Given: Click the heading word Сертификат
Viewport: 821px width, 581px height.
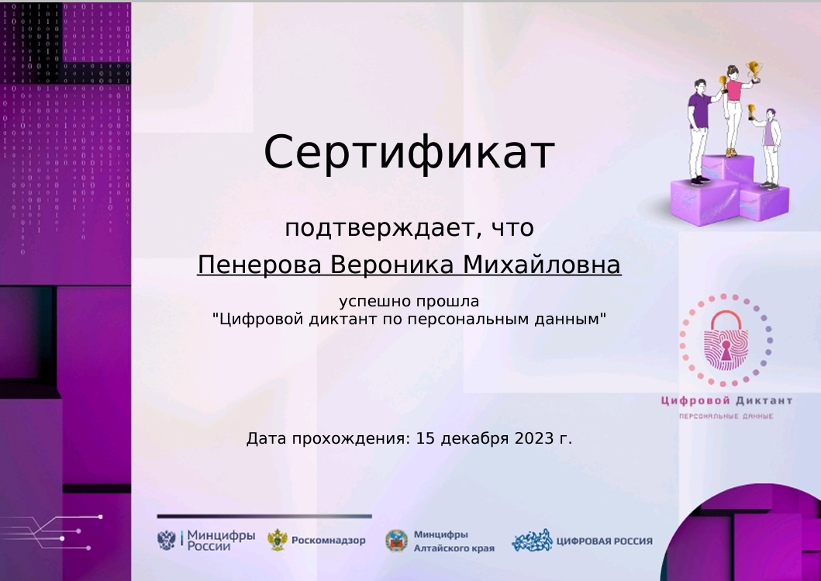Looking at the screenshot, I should [409, 153].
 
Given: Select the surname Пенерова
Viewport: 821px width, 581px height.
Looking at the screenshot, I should [259, 265].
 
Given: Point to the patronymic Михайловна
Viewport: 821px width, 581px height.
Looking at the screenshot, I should [542, 265].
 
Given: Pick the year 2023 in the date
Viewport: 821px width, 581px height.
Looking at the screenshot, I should [533, 439].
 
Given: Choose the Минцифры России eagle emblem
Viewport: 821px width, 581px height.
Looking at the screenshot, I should [167, 540].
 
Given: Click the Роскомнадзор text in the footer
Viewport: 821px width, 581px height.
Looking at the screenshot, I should [328, 541].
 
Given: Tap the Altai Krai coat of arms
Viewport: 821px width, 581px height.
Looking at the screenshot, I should [396, 541].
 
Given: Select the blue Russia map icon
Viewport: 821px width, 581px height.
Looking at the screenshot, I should [531, 541].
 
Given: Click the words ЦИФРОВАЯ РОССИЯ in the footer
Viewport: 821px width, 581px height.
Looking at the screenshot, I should [605, 541].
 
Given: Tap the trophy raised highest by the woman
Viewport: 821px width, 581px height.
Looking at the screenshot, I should [753, 71].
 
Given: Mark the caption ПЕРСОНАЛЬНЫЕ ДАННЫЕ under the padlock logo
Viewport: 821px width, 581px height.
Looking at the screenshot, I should [726, 417].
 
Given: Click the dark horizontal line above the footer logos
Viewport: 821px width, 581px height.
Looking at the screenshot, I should [264, 516].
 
